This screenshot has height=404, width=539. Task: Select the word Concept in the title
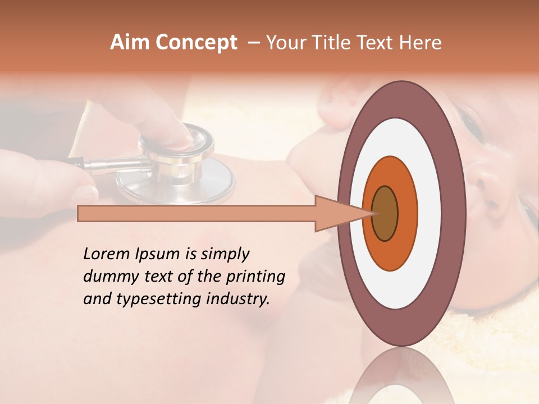pyautogui.click(x=195, y=43)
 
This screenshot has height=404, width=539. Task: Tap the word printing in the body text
pyautogui.click(x=256, y=277)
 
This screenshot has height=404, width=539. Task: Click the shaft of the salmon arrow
pyautogui.click(x=197, y=214)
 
